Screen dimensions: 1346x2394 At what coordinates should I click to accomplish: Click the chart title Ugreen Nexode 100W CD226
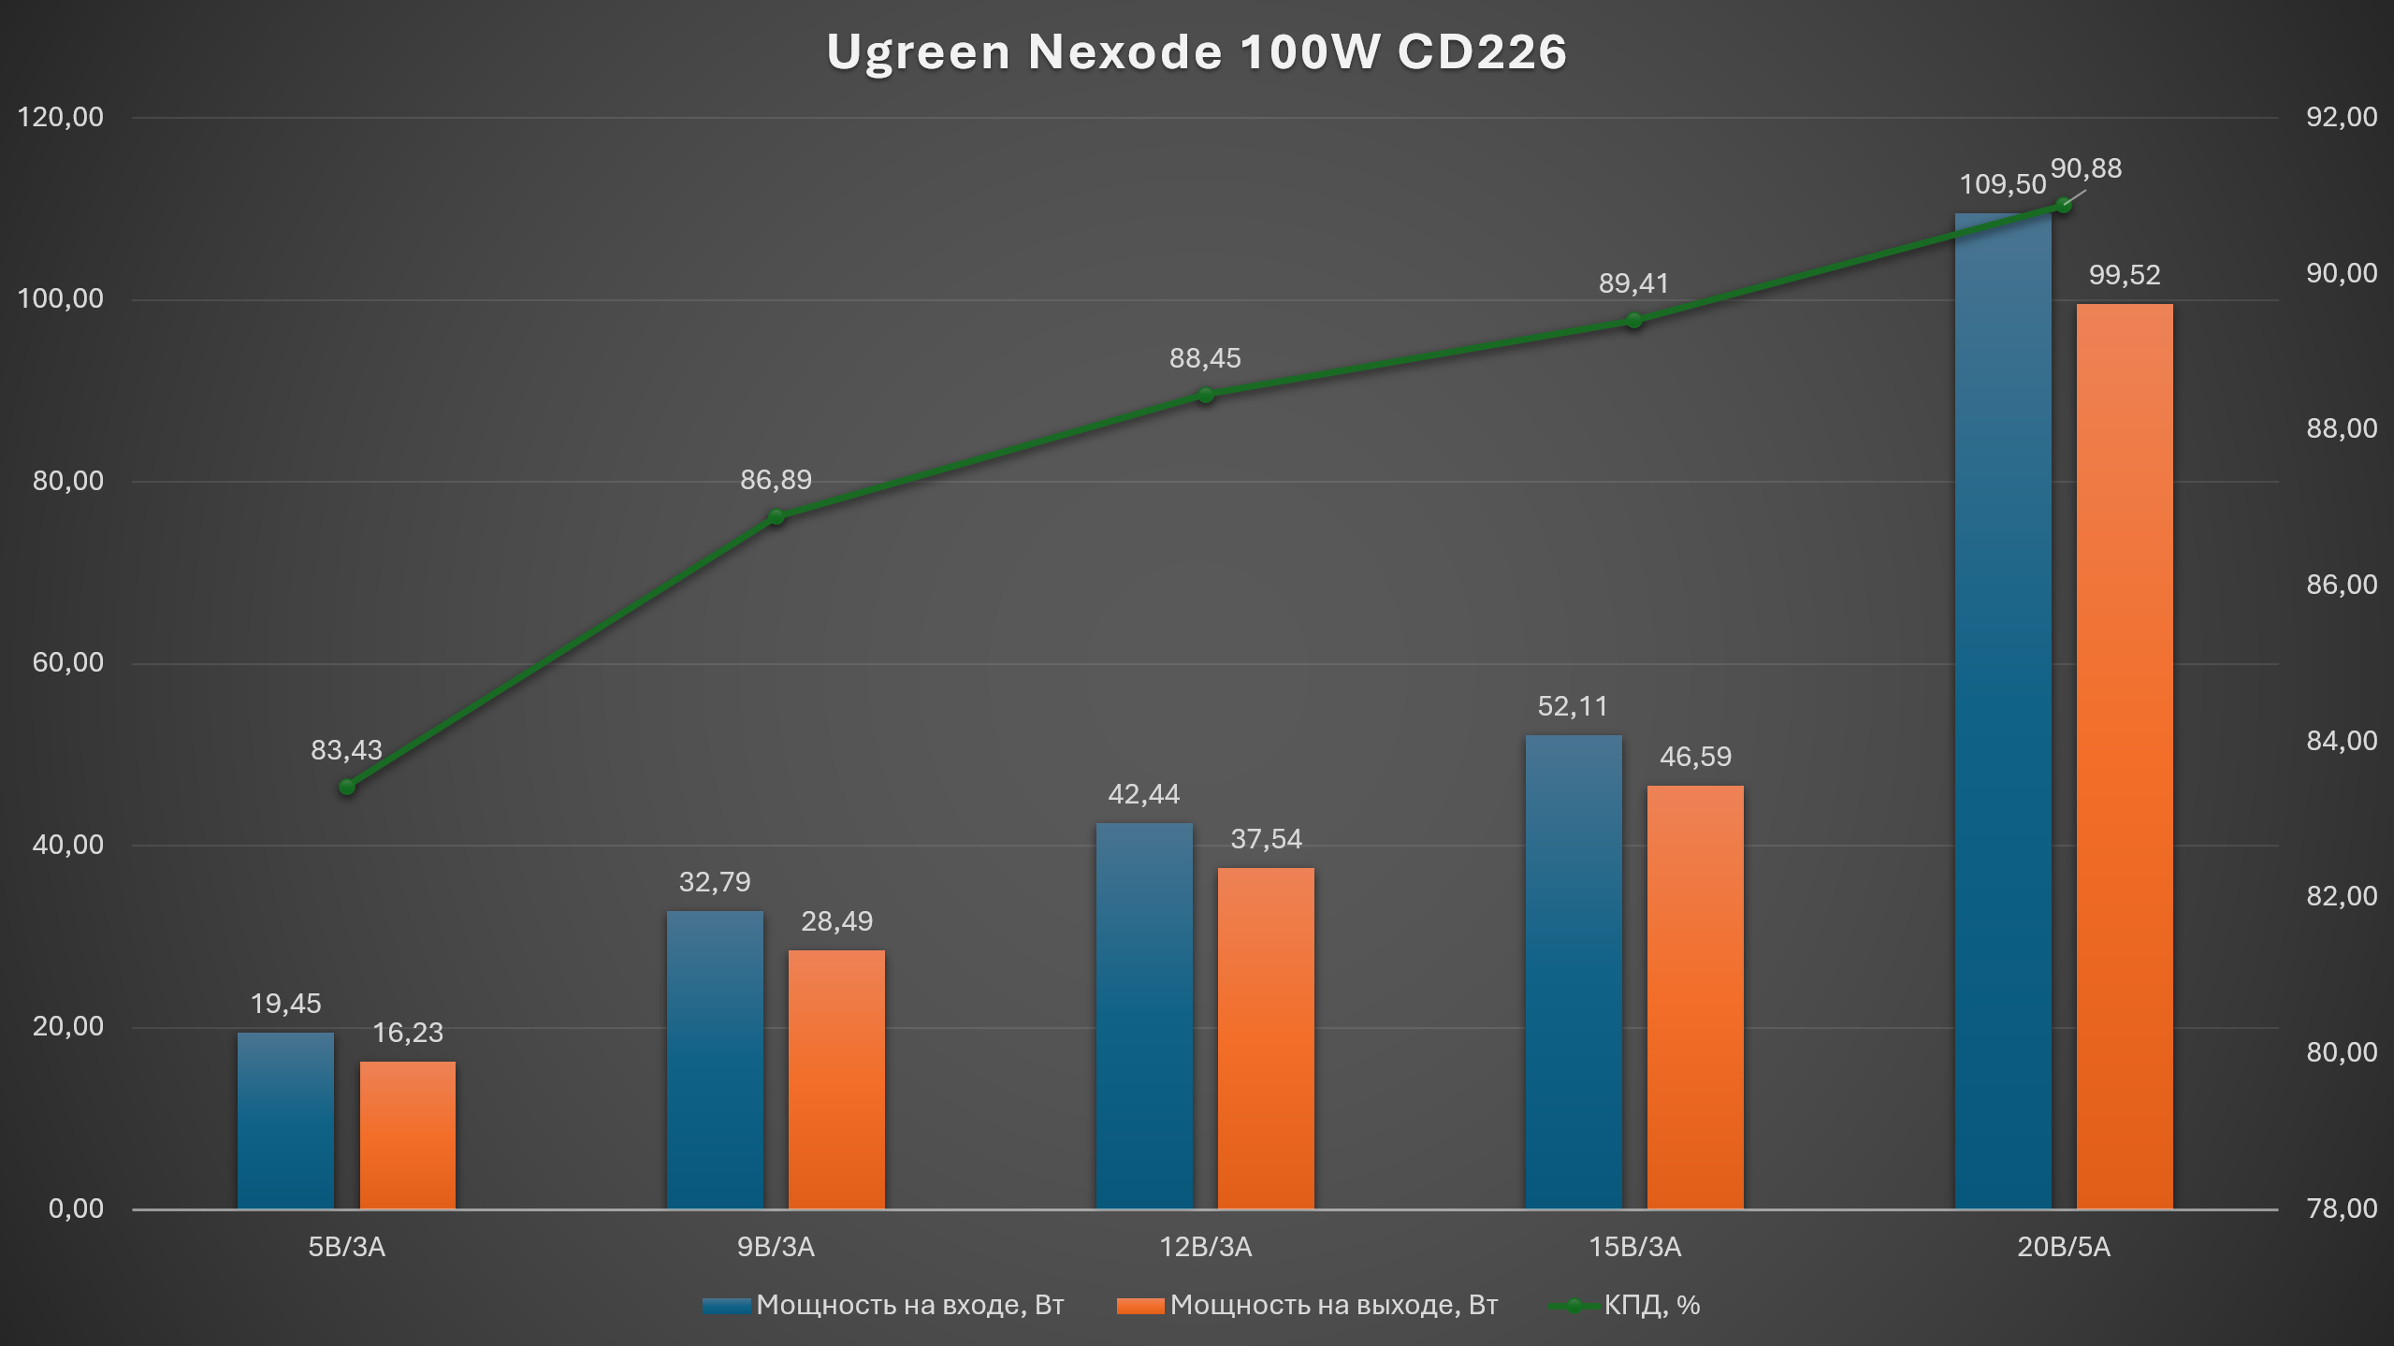coord(1197,51)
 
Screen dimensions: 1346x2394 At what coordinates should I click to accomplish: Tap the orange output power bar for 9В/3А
coord(836,1079)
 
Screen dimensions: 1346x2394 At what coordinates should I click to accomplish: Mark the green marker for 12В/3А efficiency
coord(1206,396)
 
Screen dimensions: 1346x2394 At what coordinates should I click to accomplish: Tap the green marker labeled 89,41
coord(1633,321)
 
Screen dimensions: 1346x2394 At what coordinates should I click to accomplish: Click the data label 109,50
coord(2003,184)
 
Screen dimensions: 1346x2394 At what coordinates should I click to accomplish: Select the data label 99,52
coord(2125,275)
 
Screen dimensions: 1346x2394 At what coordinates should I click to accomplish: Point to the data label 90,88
coord(2086,168)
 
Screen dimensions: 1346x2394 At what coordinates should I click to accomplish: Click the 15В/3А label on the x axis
coord(1634,1247)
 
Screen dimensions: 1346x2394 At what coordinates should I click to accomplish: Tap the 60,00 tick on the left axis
coord(68,662)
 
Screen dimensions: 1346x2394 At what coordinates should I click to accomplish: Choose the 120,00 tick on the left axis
coord(61,117)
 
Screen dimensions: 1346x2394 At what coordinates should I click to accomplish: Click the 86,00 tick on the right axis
coord(2342,585)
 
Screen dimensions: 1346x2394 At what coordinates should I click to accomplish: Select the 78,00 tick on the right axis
coord(2342,1209)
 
